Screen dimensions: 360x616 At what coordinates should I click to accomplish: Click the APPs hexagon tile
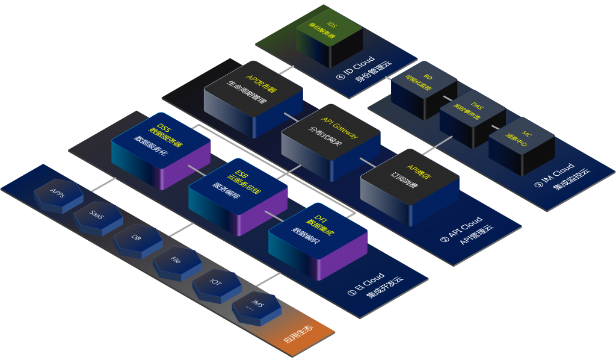(59, 195)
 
